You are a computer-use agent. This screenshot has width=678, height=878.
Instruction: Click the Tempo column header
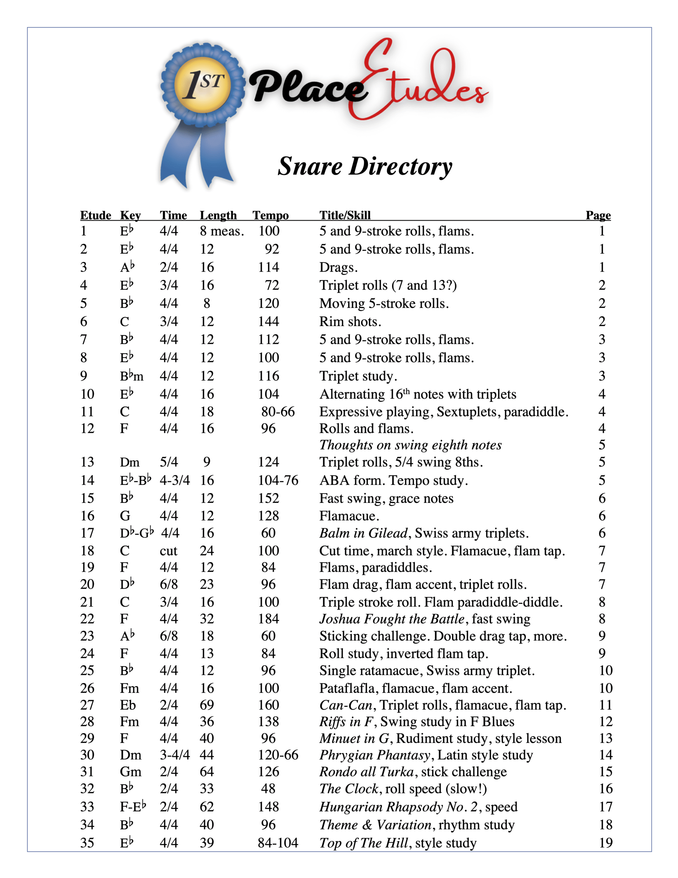(270, 215)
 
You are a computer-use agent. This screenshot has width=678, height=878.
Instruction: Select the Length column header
(218, 215)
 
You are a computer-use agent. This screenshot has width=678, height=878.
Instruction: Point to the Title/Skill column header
(345, 215)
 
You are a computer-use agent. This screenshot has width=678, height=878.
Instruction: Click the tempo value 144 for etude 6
(268, 322)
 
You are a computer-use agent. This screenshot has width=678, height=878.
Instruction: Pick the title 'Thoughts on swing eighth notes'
(410, 445)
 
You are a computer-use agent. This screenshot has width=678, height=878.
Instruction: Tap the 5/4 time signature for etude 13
(169, 462)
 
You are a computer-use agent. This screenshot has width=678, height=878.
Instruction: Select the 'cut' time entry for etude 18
(168, 551)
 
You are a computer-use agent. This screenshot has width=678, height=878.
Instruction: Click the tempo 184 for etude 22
(268, 619)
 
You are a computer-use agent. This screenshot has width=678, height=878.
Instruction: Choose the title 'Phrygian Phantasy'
(375, 755)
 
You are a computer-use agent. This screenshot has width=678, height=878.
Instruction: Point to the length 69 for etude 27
(207, 705)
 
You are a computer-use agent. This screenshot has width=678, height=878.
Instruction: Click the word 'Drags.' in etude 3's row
(338, 267)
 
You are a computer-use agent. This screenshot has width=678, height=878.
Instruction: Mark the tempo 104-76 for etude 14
(278, 480)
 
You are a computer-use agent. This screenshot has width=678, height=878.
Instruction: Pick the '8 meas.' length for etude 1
(222, 231)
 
